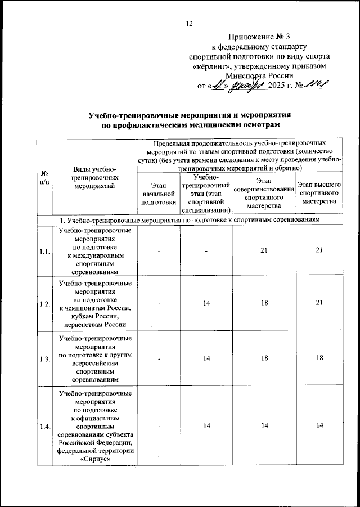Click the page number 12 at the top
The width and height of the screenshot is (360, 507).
click(189, 23)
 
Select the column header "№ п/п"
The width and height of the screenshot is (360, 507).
click(43, 178)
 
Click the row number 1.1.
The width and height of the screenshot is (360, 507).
click(44, 251)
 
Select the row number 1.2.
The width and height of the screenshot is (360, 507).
click(44, 304)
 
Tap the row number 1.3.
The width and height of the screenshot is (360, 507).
click(44, 358)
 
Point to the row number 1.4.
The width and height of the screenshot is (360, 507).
click(44, 427)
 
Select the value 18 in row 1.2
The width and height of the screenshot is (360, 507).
click(264, 304)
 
